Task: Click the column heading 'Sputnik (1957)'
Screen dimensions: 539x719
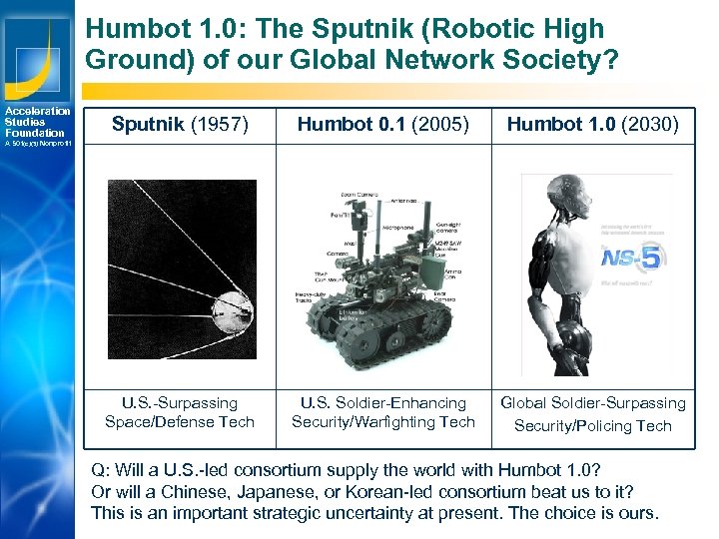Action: (180, 124)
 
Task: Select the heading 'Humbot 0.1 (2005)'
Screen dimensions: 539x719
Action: (382, 124)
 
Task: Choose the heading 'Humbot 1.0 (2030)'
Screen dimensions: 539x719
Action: (592, 124)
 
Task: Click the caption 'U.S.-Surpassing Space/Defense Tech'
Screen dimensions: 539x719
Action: (180, 412)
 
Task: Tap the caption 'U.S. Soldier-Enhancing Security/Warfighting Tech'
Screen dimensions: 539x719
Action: (383, 412)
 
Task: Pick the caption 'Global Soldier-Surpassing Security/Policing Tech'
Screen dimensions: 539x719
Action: (592, 413)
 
